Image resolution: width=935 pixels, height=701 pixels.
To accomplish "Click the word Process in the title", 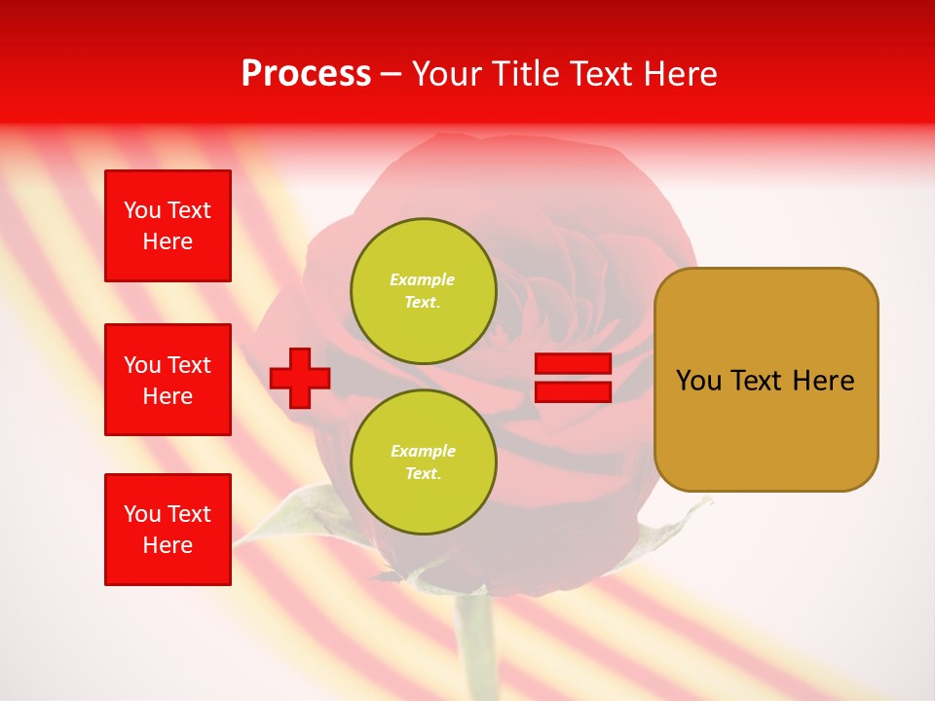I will pos(306,74).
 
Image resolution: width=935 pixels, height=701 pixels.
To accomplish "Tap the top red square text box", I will pos(168,226).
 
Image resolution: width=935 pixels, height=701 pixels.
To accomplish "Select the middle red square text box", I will pos(168,380).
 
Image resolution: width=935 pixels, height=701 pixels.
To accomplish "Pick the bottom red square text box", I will pos(168,530).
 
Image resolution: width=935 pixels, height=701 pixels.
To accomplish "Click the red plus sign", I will pos(300,378).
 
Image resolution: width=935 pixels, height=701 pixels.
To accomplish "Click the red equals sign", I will pos(573,378).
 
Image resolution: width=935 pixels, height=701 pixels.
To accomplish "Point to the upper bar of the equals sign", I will pos(573,364).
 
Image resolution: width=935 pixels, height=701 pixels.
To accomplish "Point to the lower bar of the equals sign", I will pos(573,392).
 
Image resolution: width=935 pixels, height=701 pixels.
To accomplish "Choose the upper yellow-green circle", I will pos(423,291).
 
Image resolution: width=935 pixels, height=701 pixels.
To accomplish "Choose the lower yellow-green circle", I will pos(423,462).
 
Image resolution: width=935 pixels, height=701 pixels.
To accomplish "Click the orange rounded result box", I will pos(766,380).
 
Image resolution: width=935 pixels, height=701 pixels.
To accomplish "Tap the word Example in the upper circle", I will pos(423,279).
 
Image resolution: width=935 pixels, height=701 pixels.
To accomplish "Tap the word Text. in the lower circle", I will pos(423,474).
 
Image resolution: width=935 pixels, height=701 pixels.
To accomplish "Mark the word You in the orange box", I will pos(697,381).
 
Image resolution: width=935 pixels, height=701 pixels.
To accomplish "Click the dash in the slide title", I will pos(391,74).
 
